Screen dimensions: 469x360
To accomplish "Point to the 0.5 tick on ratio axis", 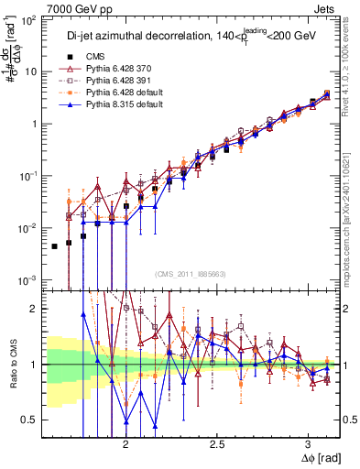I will (32, 420).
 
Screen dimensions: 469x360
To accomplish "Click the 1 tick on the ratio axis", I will (37, 365).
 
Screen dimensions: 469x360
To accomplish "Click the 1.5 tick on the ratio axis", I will (32, 310).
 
